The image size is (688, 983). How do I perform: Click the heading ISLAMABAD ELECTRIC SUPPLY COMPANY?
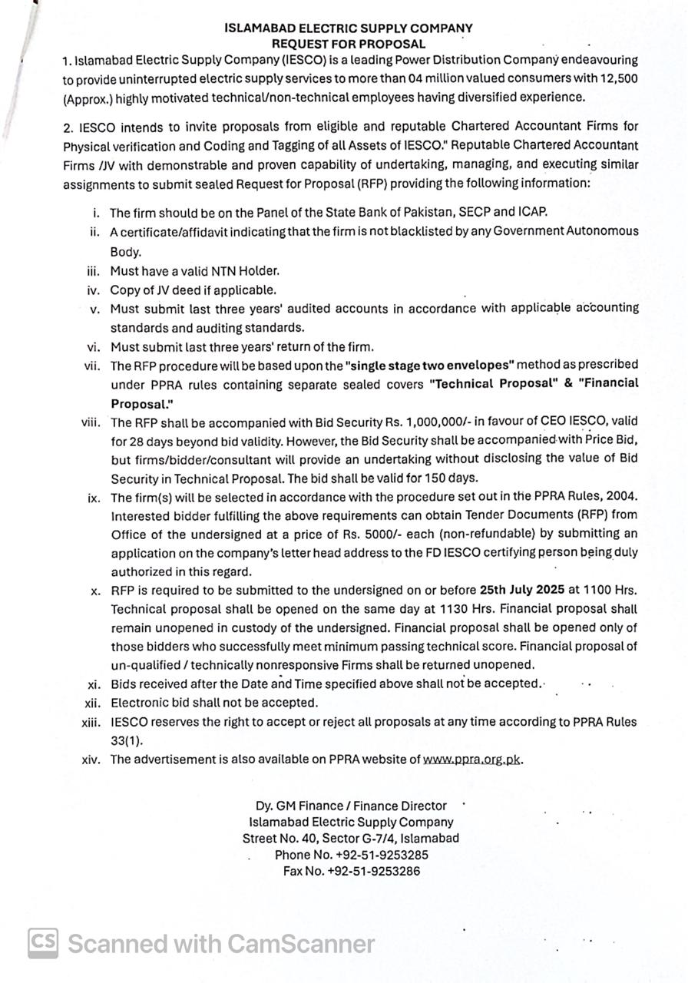coord(348,28)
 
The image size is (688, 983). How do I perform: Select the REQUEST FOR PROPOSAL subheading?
coord(348,44)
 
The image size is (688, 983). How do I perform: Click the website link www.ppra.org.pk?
coord(472,760)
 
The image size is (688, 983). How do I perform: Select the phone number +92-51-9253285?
coord(382,855)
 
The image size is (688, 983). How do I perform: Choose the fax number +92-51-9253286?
coord(373,872)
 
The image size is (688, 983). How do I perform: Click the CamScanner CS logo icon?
coord(43,943)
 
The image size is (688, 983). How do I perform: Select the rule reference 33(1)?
coord(127,741)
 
